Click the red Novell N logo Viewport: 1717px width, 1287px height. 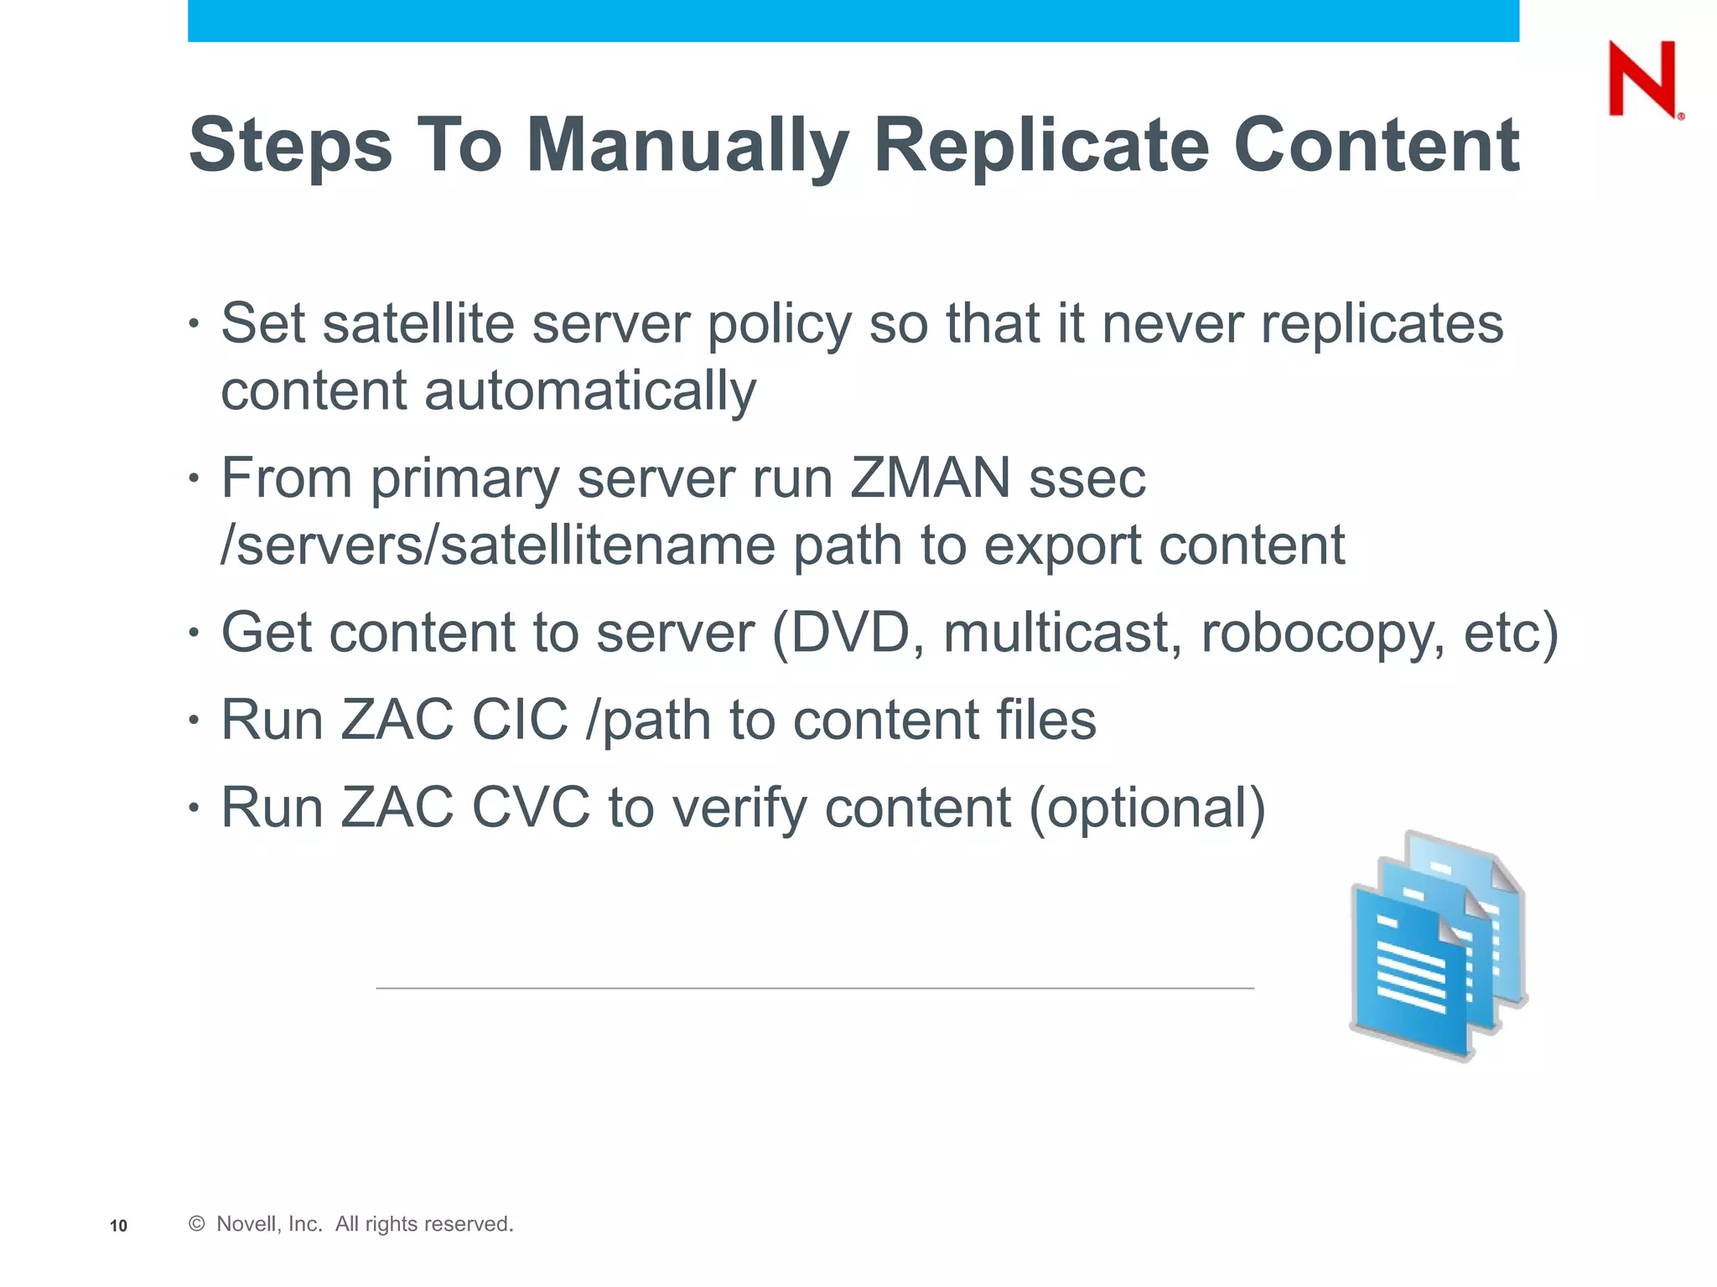click(x=1643, y=80)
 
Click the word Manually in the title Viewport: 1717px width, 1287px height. click(x=687, y=147)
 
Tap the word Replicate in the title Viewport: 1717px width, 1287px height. click(x=1041, y=147)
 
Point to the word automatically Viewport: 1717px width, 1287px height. click(x=590, y=392)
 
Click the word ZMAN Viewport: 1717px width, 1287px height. click(x=930, y=478)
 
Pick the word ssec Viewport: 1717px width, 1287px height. click(x=1087, y=480)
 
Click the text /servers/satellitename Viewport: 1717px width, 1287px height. click(x=497, y=546)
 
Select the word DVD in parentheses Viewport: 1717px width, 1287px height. click(x=850, y=633)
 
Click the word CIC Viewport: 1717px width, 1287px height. click(x=520, y=720)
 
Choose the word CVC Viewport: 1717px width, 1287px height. click(x=531, y=808)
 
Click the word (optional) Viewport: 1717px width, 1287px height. click(x=1146, y=809)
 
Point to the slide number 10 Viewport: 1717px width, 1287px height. click(x=118, y=1226)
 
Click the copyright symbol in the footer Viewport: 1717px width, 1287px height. click(x=197, y=1224)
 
